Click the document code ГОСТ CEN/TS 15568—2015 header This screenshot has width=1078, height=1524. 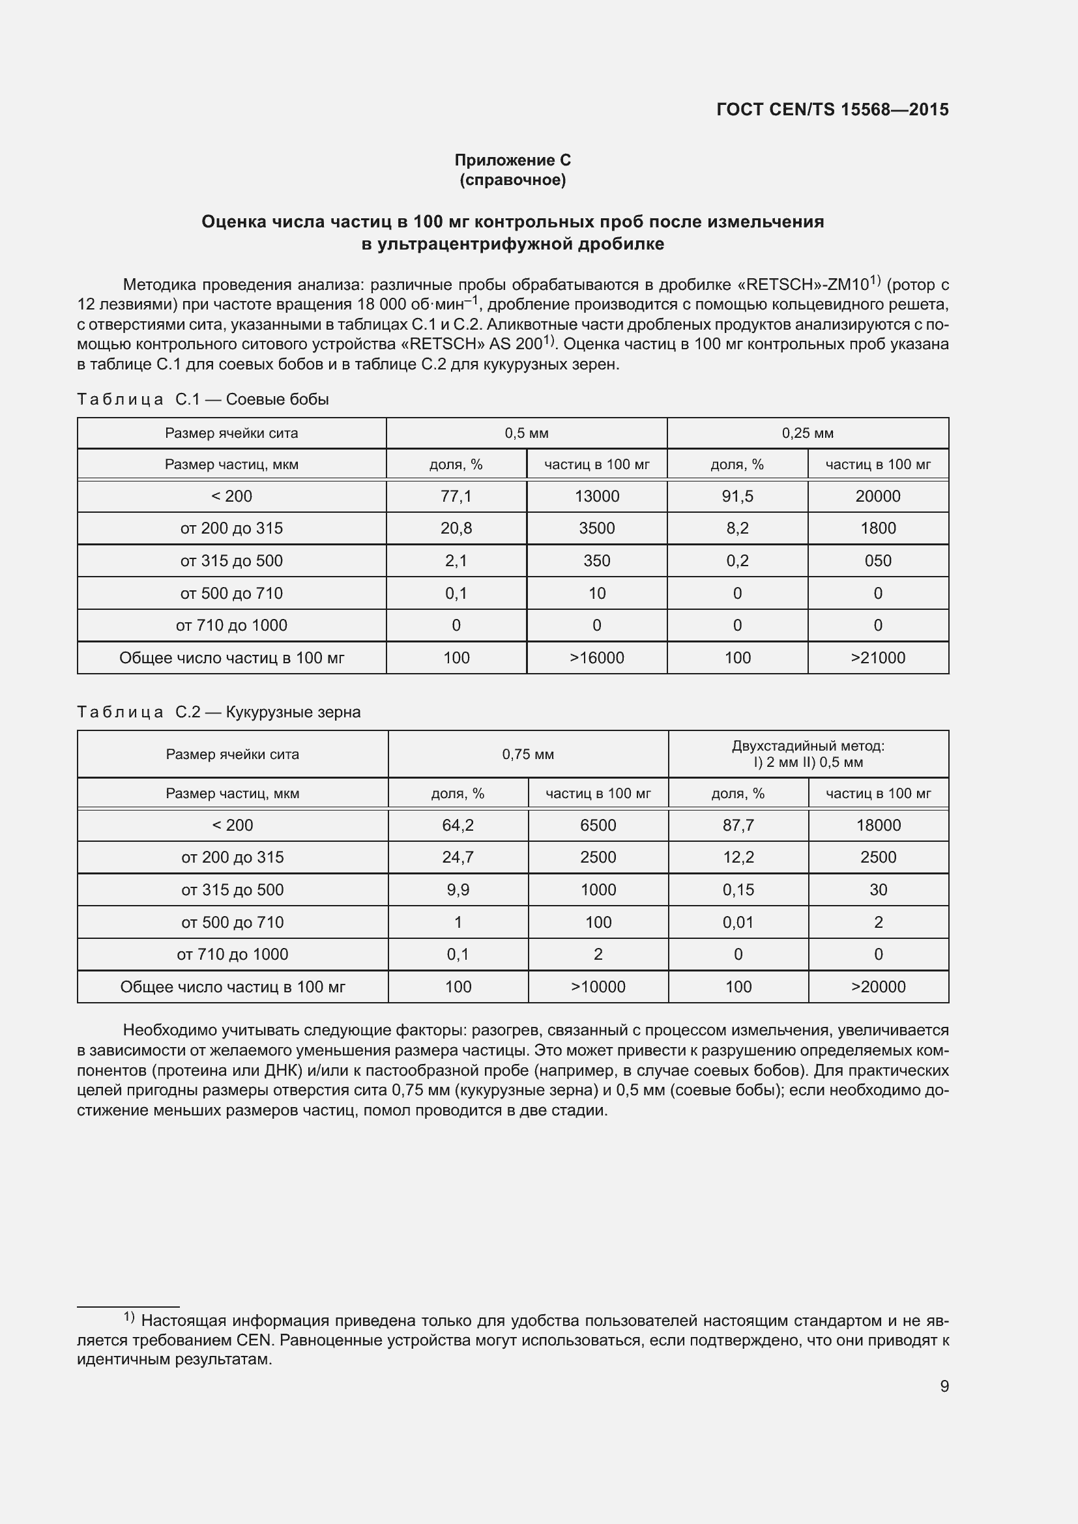point(832,109)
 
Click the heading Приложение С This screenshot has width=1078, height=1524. point(512,160)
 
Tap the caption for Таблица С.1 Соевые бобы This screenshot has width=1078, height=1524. point(203,399)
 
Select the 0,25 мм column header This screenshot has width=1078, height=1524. point(807,433)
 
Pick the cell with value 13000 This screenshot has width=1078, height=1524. point(597,496)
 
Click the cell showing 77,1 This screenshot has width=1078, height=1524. point(456,496)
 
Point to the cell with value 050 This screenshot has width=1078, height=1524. point(877,561)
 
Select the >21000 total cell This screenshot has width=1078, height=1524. point(877,658)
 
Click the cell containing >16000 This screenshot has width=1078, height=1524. point(597,658)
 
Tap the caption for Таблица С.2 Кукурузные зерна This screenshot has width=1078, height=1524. point(218,712)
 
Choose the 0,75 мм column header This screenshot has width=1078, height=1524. point(528,754)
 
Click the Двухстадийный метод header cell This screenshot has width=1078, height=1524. point(808,754)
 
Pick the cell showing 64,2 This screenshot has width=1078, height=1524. point(458,825)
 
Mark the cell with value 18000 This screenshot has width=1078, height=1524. point(878,825)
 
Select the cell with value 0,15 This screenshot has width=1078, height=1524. point(738,889)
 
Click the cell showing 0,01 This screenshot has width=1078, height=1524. point(738,922)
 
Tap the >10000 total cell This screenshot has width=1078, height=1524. point(598,986)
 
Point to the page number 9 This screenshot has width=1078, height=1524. point(944,1386)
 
